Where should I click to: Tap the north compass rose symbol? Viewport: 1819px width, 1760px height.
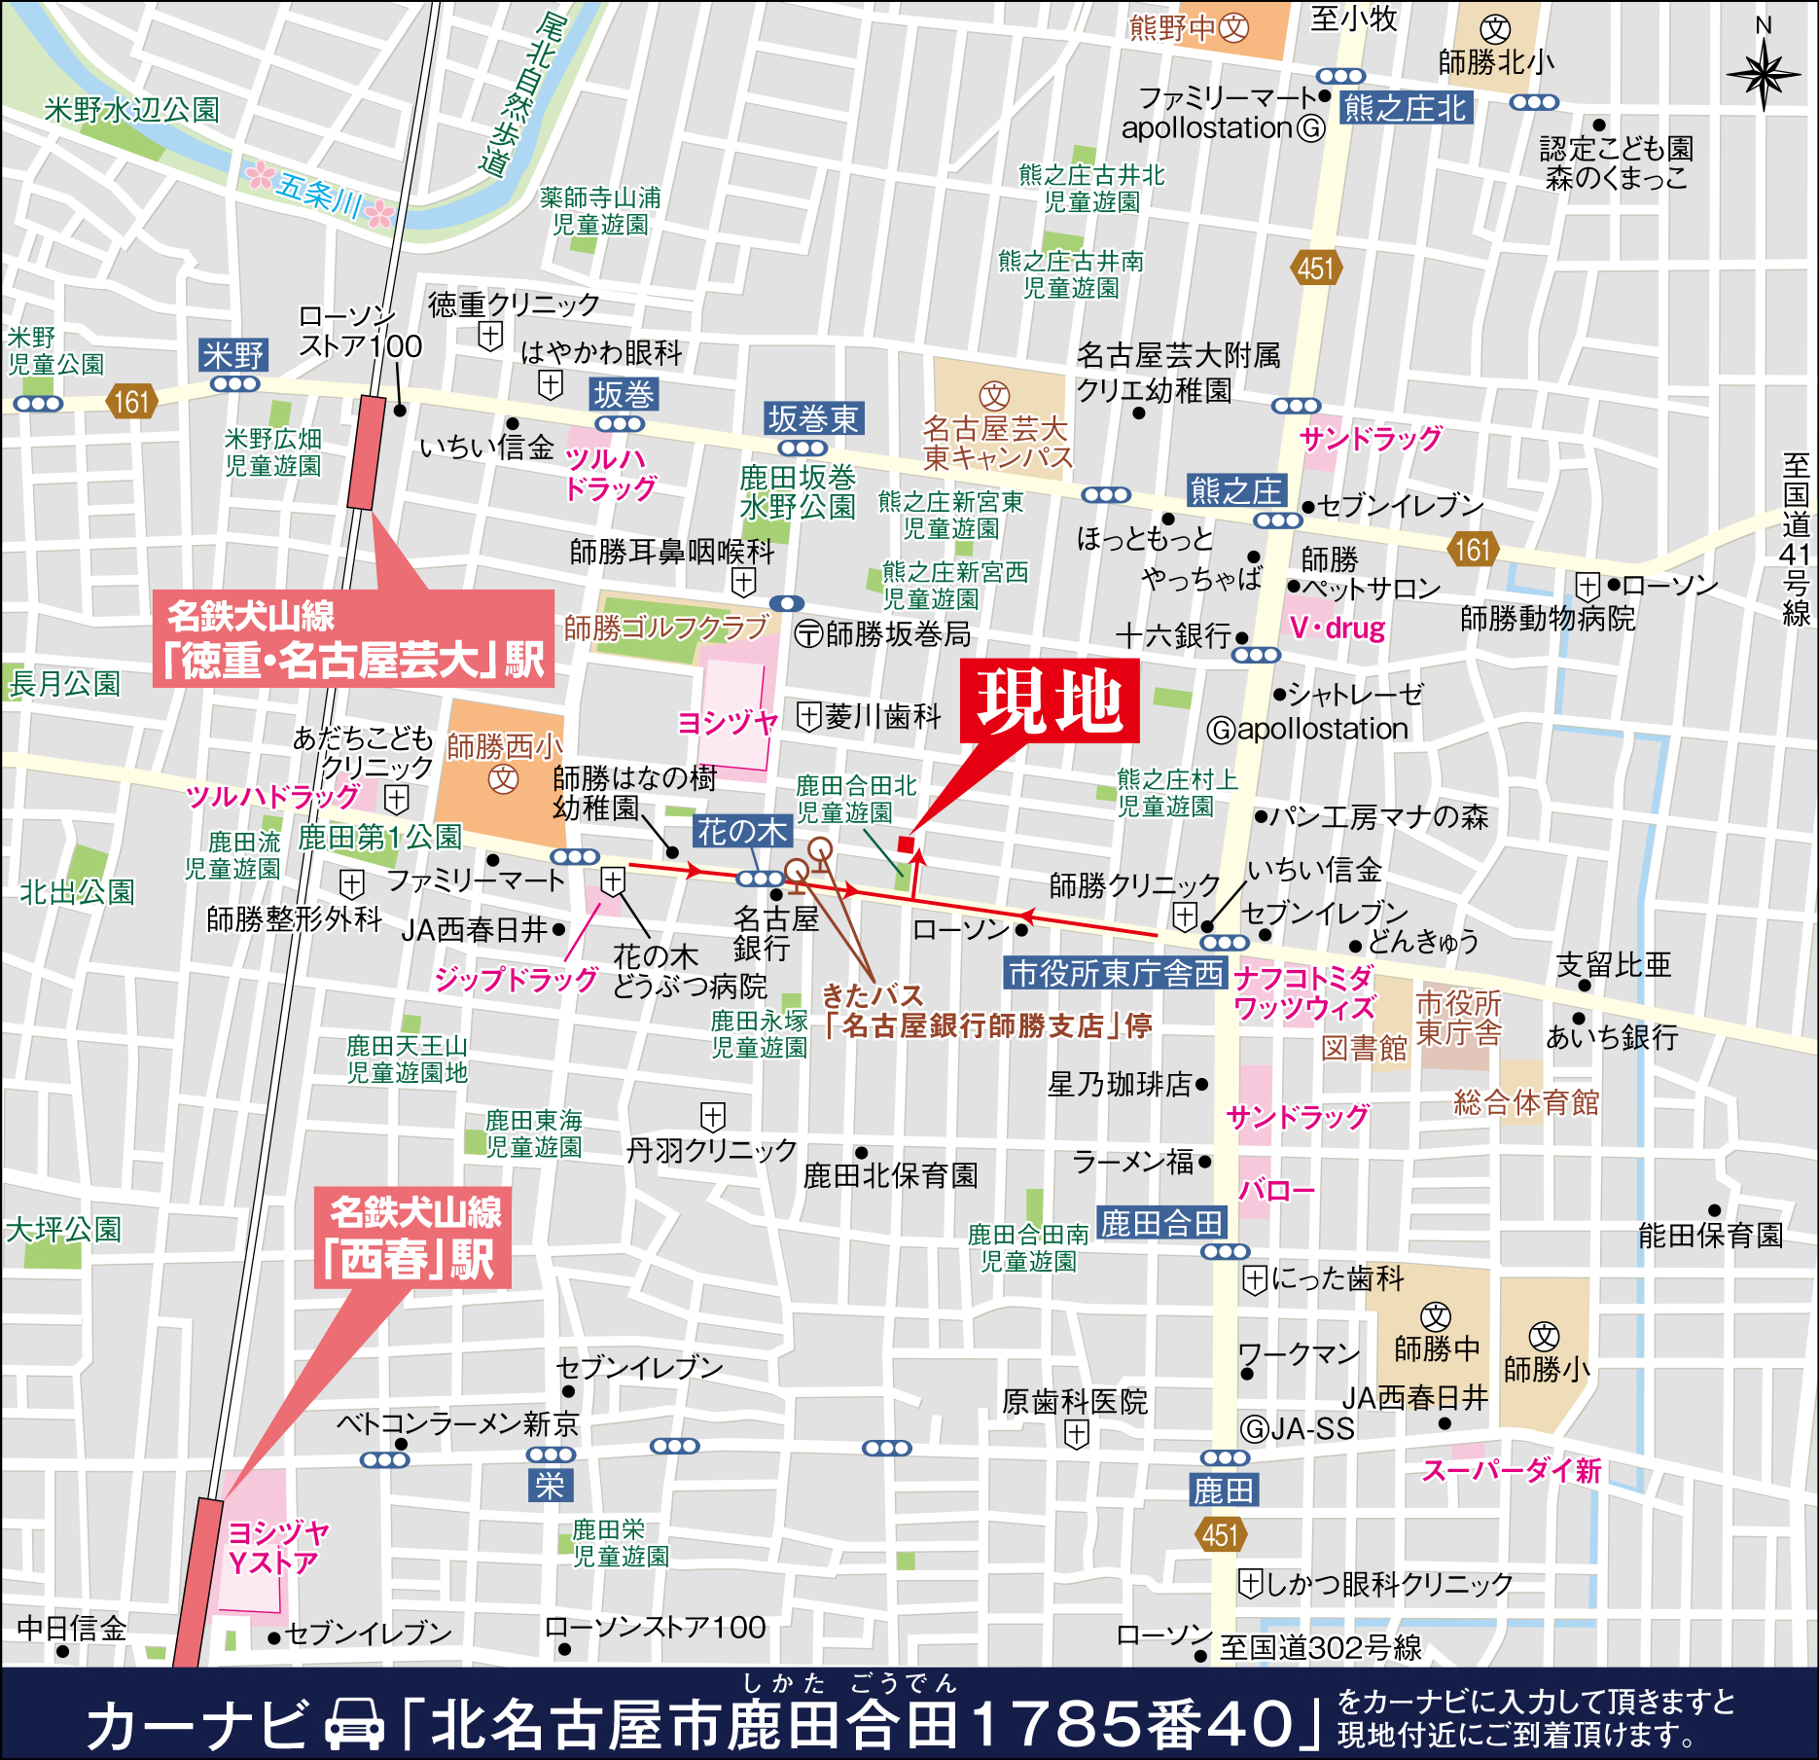(x=1763, y=74)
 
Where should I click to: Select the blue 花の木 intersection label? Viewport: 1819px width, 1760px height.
(x=742, y=832)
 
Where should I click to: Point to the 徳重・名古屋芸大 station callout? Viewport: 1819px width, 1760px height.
(x=353, y=638)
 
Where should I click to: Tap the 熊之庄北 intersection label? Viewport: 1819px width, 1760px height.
(x=1404, y=108)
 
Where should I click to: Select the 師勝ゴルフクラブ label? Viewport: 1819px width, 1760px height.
(x=666, y=629)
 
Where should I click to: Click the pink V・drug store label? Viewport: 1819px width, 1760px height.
(x=1337, y=628)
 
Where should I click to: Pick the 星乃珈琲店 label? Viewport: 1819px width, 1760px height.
(x=1120, y=1084)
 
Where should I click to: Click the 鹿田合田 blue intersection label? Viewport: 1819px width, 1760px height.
(x=1160, y=1223)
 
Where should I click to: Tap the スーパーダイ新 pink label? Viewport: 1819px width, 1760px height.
(x=1511, y=1470)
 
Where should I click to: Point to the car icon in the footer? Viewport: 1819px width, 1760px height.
(x=354, y=1724)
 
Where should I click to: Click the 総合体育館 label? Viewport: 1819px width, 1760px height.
(x=1525, y=1102)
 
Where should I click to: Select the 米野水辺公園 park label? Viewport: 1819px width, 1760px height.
(x=131, y=110)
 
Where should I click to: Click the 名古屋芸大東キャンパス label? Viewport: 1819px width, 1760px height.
(x=997, y=443)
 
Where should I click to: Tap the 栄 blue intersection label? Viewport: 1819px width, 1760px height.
(x=550, y=1486)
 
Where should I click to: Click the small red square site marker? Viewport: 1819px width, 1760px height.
(x=906, y=844)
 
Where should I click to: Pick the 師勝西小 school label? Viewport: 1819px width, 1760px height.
(x=504, y=747)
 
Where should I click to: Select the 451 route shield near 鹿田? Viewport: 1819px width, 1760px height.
(x=1220, y=1535)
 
